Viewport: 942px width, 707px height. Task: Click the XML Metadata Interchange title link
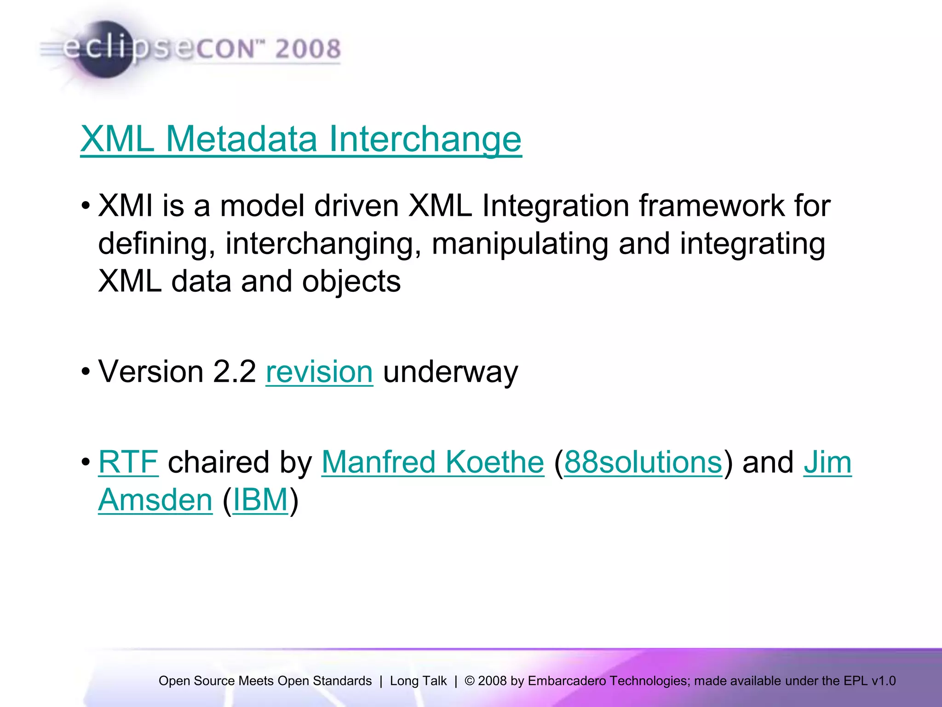(301, 139)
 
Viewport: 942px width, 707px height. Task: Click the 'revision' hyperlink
(319, 372)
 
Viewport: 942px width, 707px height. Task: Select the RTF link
(128, 462)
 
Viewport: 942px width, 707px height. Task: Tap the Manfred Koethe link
(432, 462)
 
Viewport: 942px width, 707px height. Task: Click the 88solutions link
(643, 462)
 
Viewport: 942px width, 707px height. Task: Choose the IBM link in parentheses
(260, 500)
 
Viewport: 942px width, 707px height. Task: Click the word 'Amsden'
(155, 500)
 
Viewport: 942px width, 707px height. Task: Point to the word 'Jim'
(827, 462)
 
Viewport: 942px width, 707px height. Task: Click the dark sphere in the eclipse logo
(105, 50)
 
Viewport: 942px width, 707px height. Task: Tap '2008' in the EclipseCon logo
(308, 49)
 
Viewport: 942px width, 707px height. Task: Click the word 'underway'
(450, 372)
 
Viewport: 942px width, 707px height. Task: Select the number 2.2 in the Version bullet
(234, 372)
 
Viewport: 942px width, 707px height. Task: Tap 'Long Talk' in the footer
(418, 681)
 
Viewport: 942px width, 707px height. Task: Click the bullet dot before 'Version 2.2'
(86, 372)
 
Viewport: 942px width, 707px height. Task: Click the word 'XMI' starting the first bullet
(125, 206)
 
